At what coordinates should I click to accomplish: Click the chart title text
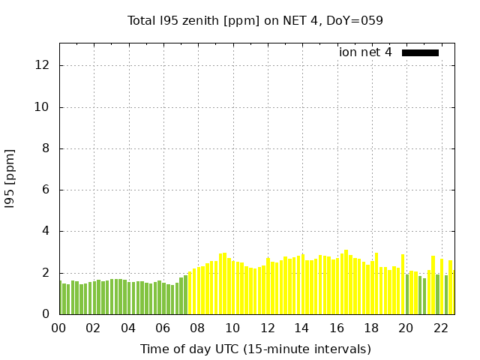click(x=255, y=20)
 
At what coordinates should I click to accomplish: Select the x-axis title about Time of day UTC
click(x=256, y=349)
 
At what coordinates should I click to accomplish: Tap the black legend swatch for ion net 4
click(x=420, y=52)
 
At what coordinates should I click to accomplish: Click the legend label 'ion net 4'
click(x=365, y=52)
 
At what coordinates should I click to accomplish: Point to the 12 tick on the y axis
click(x=43, y=65)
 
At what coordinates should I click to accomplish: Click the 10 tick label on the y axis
click(x=43, y=107)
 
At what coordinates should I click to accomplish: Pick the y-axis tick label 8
click(x=46, y=148)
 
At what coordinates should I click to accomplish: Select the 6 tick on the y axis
click(x=46, y=190)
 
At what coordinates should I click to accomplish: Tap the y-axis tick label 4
click(x=46, y=232)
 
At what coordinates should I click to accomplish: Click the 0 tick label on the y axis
click(x=46, y=314)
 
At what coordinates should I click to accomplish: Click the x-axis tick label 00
click(x=58, y=328)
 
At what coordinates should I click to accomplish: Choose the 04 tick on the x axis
click(x=128, y=328)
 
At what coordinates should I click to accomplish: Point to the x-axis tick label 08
click(x=197, y=328)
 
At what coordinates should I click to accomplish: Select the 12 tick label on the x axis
click(x=267, y=328)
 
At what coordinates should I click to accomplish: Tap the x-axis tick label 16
click(x=337, y=328)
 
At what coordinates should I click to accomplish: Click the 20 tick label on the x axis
click(x=406, y=328)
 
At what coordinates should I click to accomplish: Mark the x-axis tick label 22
click(x=441, y=328)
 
